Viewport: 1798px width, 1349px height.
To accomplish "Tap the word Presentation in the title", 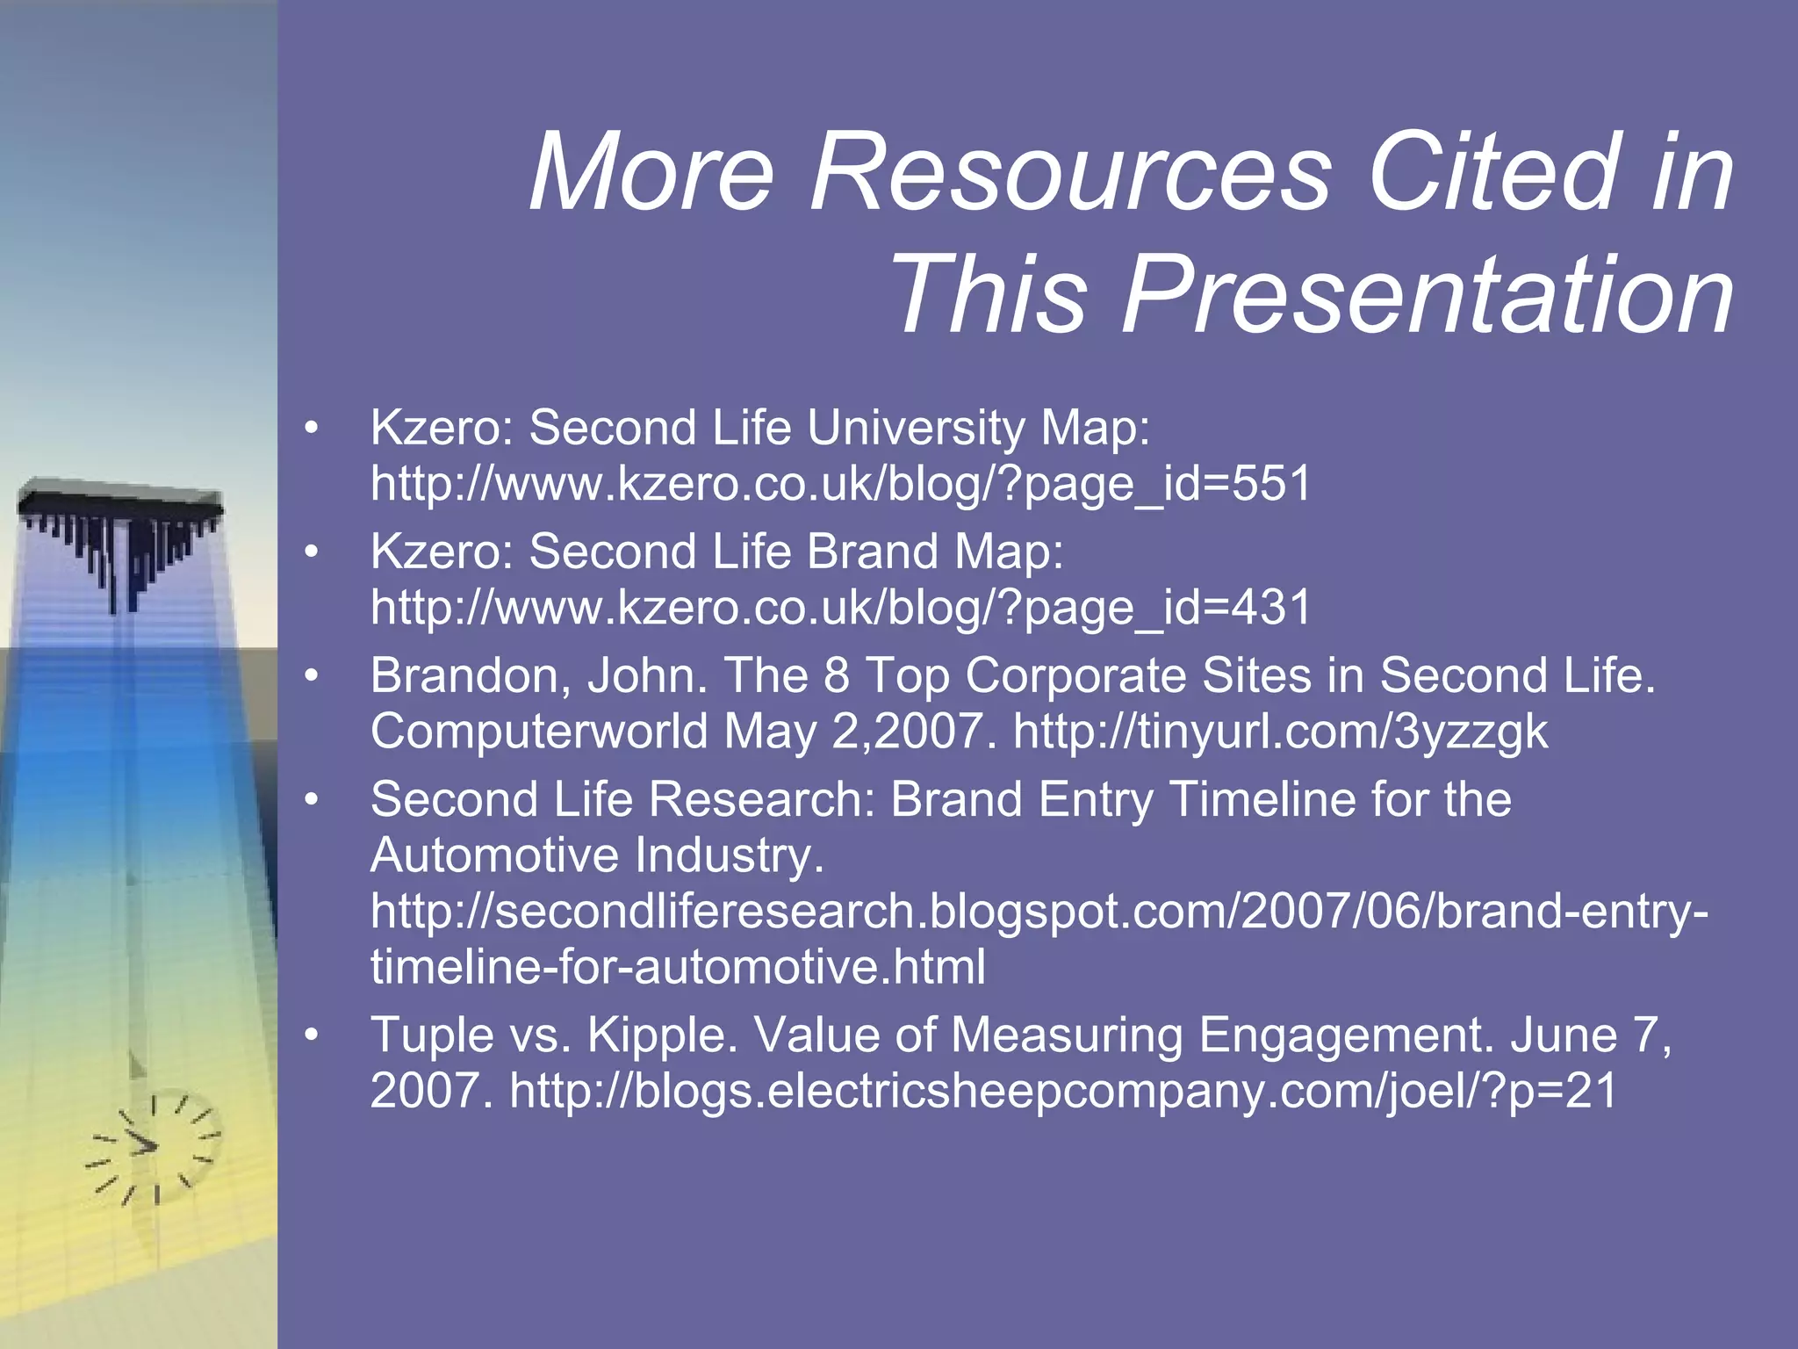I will [x=1427, y=294].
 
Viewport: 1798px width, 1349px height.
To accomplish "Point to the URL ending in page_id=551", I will [x=840, y=484].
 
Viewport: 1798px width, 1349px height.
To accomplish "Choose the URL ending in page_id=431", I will [x=840, y=608].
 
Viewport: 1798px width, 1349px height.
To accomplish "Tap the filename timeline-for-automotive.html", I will [x=678, y=967].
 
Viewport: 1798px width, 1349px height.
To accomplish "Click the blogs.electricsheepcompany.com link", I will [x=1062, y=1092].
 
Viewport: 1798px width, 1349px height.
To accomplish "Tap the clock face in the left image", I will [x=153, y=1147].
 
